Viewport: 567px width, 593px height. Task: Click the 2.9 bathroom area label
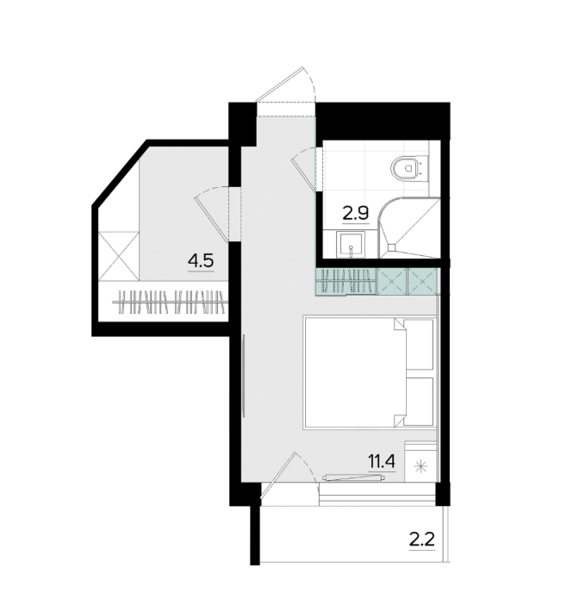click(x=355, y=214)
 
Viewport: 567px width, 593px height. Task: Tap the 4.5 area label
click(x=201, y=261)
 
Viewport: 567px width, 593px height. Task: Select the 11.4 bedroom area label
click(x=382, y=461)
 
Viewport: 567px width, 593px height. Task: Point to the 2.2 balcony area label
click(x=422, y=540)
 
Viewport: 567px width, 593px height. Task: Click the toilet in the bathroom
click(x=408, y=167)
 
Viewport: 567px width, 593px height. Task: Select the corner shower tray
click(x=409, y=228)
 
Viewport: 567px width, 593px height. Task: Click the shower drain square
click(x=392, y=247)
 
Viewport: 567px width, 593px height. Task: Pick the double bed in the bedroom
click(x=370, y=373)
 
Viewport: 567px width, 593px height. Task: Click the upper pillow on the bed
click(x=419, y=345)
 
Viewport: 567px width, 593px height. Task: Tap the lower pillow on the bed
click(x=419, y=401)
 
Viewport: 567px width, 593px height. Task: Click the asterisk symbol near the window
click(x=419, y=468)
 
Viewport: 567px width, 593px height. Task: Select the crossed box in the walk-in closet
click(x=118, y=256)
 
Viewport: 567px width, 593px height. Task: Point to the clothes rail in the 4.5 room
click(x=170, y=302)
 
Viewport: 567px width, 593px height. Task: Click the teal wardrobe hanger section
click(x=346, y=281)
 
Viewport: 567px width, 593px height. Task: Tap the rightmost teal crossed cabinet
click(x=422, y=281)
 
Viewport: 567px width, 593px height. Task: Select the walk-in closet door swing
click(x=212, y=214)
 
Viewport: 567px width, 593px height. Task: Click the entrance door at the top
click(x=285, y=85)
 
